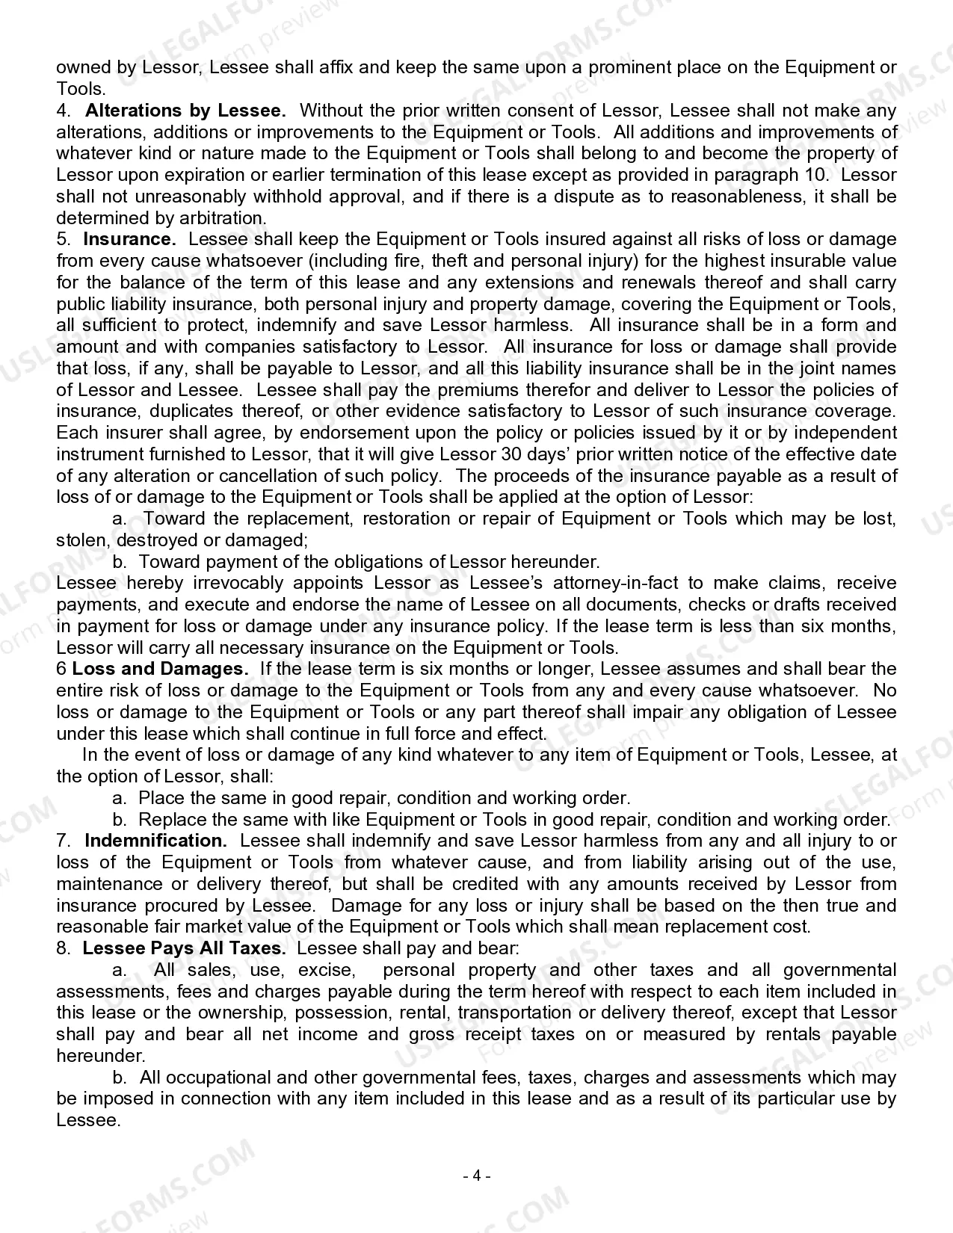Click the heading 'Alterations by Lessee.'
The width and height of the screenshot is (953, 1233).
[185, 111]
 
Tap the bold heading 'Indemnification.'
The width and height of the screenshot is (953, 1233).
[155, 841]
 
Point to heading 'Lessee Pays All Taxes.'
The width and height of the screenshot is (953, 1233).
[184, 948]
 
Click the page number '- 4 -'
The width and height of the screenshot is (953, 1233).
[476, 1175]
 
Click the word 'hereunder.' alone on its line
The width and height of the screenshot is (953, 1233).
[101, 1056]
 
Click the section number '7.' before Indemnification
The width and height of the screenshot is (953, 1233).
[64, 841]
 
